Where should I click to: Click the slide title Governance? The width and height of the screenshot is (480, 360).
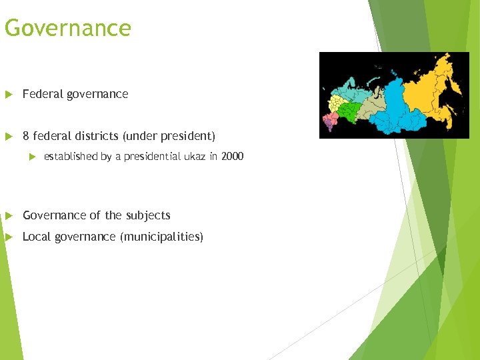(x=67, y=29)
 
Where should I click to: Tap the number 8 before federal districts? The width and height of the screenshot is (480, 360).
(x=26, y=136)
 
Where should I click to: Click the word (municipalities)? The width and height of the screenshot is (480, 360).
(x=161, y=237)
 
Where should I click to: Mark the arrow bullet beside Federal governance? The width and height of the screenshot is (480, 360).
(x=8, y=94)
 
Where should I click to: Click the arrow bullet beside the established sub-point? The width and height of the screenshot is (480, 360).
(x=30, y=157)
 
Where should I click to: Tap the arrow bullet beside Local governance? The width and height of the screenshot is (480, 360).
(x=8, y=237)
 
